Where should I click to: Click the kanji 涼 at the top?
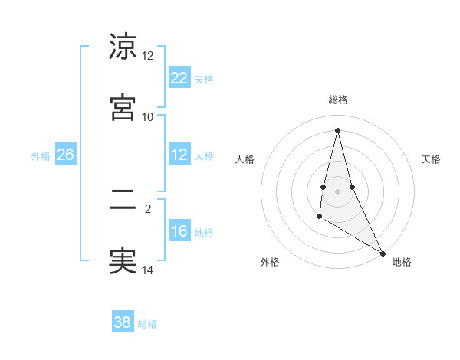(x=123, y=47)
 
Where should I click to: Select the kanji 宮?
(x=123, y=106)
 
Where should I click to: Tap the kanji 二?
(x=123, y=201)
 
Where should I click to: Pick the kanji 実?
(x=123, y=260)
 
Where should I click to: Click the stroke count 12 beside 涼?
(x=148, y=56)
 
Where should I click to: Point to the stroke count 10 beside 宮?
(x=148, y=116)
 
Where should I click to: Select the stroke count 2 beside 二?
(x=148, y=207)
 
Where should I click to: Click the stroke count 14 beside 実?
(x=148, y=270)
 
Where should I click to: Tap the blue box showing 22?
(x=179, y=78)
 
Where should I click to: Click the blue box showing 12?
(x=179, y=155)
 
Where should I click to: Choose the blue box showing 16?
(x=179, y=231)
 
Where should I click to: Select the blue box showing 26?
(x=65, y=155)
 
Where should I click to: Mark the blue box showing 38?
(x=123, y=322)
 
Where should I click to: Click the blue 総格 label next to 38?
(x=147, y=324)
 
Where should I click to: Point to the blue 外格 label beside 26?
(x=41, y=156)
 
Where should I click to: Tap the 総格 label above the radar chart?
(x=337, y=100)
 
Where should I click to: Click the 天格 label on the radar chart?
(x=431, y=159)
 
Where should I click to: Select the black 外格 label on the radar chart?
(x=270, y=262)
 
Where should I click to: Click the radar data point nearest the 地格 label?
(x=383, y=253)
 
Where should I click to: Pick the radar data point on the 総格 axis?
(x=337, y=129)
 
